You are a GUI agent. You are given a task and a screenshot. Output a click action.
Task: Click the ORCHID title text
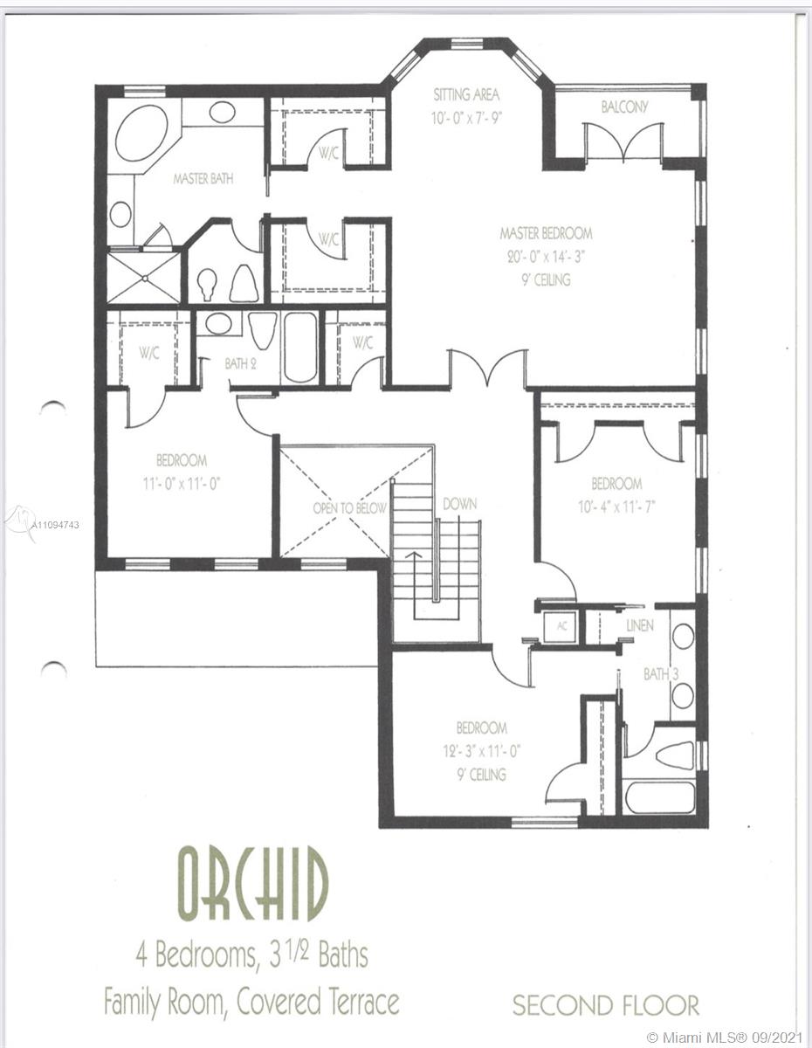253,885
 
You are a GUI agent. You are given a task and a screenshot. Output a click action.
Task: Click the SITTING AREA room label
466,94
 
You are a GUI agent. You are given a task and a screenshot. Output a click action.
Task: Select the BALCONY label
624,107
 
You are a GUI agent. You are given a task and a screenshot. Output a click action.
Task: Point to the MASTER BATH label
203,179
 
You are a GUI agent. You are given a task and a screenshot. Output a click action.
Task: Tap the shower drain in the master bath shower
144,278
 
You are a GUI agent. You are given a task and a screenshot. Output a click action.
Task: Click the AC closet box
561,626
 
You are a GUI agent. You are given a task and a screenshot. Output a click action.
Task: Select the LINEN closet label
640,625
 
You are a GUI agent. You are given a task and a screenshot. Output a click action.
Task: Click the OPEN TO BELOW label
349,508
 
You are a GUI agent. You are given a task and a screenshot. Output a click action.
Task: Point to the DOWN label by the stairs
460,504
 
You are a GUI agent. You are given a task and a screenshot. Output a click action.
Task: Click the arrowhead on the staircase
415,555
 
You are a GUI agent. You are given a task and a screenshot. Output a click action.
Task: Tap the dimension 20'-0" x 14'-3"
546,257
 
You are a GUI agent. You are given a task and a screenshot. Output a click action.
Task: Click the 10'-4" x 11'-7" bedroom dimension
616,507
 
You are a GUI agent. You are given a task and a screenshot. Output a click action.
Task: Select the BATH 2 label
240,363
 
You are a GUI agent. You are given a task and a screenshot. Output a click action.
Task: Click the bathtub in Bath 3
659,796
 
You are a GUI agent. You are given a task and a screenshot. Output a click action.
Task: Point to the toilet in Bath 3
675,755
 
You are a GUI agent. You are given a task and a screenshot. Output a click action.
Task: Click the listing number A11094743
54,525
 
